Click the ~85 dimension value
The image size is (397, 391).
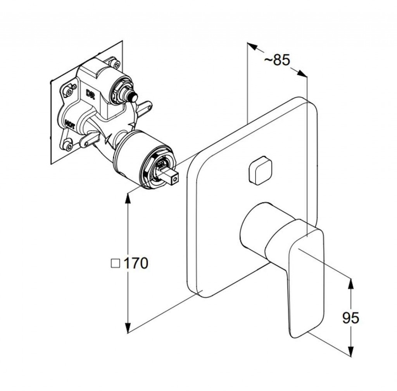277,60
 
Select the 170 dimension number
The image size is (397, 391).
136,263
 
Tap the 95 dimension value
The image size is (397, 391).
350,318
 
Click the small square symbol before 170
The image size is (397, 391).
116,263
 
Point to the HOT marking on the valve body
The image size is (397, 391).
69,125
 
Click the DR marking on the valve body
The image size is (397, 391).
90,94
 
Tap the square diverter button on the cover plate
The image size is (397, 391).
260,170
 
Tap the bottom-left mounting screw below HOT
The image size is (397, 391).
68,145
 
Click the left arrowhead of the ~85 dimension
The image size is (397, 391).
252,47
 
